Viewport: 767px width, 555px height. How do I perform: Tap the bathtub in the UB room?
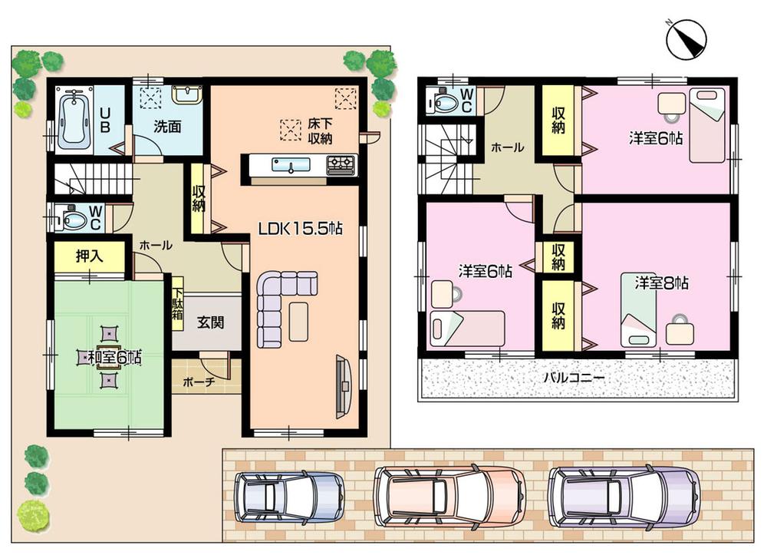tap(74, 119)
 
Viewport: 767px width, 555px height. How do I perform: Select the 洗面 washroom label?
tap(166, 127)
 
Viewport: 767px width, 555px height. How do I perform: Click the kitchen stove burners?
tap(341, 163)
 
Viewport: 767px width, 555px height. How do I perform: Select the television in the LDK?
tap(343, 387)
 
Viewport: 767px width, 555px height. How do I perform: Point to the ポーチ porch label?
tap(199, 382)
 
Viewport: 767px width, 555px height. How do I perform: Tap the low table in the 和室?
tap(109, 357)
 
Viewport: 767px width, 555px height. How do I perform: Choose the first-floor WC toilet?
tap(74, 220)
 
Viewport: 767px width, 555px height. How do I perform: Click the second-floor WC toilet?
tap(444, 101)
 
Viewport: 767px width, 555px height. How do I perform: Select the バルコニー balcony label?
tap(574, 378)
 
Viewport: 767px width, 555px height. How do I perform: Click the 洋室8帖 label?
tap(661, 282)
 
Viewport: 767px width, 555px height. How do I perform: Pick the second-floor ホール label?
tap(508, 148)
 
